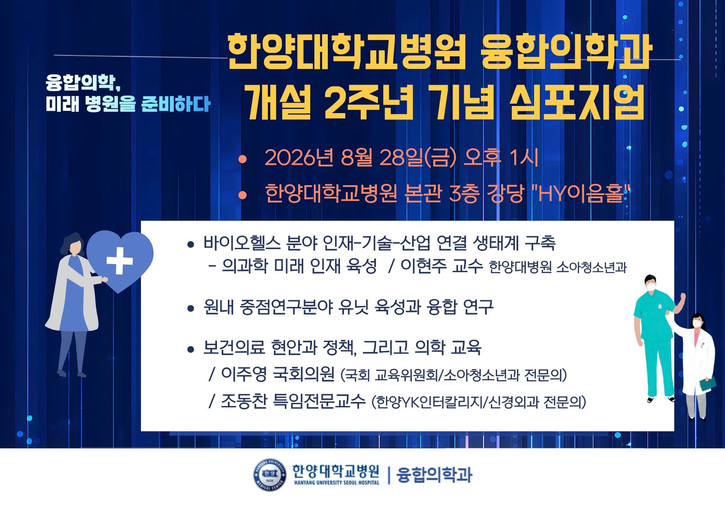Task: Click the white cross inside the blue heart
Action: click(x=119, y=260)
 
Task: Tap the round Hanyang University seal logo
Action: click(x=270, y=474)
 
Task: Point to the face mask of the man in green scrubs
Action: click(x=651, y=287)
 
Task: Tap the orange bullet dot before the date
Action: click(x=242, y=159)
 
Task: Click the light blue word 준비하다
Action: click(x=176, y=104)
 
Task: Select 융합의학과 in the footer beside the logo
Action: click(x=435, y=475)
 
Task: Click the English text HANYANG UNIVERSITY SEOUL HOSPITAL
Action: click(x=337, y=483)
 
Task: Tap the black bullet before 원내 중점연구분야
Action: click(x=190, y=308)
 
